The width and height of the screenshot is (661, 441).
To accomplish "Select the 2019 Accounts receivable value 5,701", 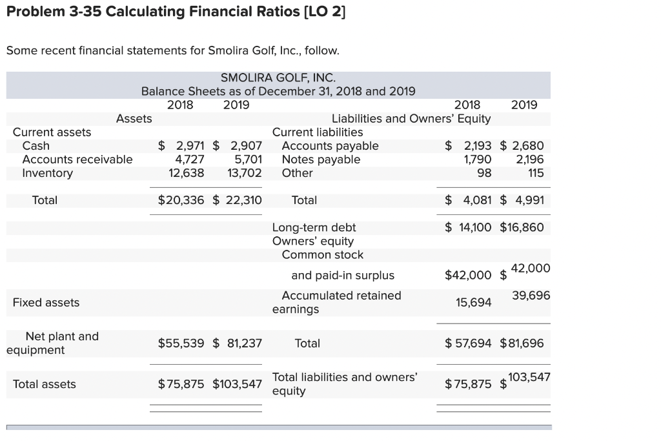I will tap(248, 159).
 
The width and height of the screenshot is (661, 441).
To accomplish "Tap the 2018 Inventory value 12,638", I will tap(187, 173).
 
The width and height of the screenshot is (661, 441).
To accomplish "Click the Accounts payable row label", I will tap(330, 146).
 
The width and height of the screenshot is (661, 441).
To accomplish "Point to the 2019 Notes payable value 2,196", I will tap(530, 159).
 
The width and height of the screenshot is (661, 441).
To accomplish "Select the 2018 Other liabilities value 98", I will tap(484, 173).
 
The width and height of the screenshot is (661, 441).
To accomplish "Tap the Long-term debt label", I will tap(314, 227).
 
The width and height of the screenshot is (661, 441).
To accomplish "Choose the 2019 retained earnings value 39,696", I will tap(531, 295).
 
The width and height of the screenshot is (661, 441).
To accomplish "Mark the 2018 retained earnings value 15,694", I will tap(474, 302).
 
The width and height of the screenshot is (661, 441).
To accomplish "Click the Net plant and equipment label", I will tap(52, 343).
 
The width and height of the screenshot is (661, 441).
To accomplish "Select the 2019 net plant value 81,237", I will tap(243, 344).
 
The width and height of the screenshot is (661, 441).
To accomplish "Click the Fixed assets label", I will tap(46, 302).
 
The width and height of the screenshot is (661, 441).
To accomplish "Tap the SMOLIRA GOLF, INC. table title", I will tap(278, 77).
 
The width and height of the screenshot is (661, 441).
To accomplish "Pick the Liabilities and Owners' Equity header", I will tap(411, 119).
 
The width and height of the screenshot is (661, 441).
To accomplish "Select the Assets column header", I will tap(134, 118).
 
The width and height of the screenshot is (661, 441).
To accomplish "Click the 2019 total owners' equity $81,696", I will tap(522, 344).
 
